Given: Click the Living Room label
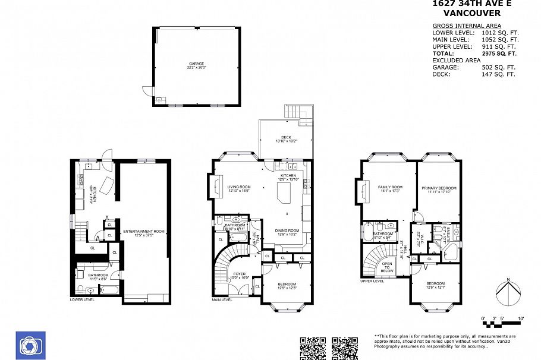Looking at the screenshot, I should (239, 188).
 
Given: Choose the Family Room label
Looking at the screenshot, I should (390, 189).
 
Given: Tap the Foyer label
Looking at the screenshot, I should (240, 276).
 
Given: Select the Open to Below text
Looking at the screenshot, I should (387, 267).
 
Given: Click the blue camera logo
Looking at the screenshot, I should (30, 345).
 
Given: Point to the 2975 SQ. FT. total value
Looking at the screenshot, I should (499, 53).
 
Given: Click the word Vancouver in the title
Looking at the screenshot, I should (471, 13).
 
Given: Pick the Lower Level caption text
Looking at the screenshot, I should (82, 300).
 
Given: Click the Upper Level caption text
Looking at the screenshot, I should (373, 281).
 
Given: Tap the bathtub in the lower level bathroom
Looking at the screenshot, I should (109, 290).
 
